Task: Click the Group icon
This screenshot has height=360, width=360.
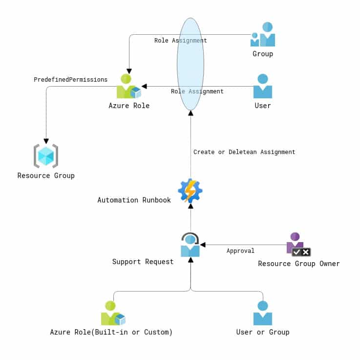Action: (x=263, y=34)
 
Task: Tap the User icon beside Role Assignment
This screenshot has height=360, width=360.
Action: (x=262, y=86)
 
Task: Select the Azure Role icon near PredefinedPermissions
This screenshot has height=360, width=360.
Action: (x=128, y=87)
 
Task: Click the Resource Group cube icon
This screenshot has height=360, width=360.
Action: (x=46, y=156)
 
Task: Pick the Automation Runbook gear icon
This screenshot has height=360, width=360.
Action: (x=190, y=191)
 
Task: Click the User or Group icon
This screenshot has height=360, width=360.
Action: (x=262, y=314)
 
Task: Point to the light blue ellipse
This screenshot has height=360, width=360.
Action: (x=191, y=64)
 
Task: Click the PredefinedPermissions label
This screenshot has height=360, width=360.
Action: (x=70, y=80)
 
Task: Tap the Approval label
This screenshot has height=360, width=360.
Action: (x=240, y=251)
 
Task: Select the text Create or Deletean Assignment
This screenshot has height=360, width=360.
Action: (x=244, y=152)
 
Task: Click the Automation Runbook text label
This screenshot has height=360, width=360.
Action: (x=134, y=200)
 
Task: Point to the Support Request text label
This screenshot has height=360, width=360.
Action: (x=143, y=262)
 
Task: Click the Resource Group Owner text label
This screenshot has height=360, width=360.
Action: (x=298, y=264)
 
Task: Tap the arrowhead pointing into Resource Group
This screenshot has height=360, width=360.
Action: (x=46, y=141)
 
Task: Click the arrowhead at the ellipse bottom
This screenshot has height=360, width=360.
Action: (x=191, y=113)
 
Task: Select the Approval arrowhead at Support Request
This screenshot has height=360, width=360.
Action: (x=203, y=245)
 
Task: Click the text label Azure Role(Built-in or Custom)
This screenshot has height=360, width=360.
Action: (x=111, y=332)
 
